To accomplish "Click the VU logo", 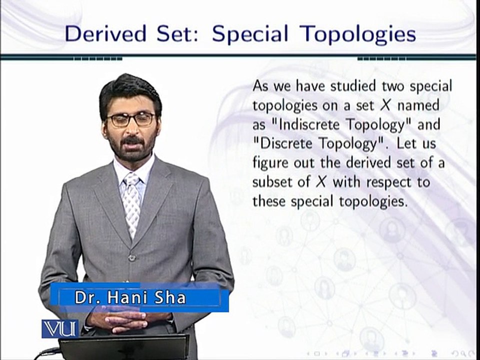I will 60,328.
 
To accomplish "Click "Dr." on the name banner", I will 85,298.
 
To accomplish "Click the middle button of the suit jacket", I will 132,258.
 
